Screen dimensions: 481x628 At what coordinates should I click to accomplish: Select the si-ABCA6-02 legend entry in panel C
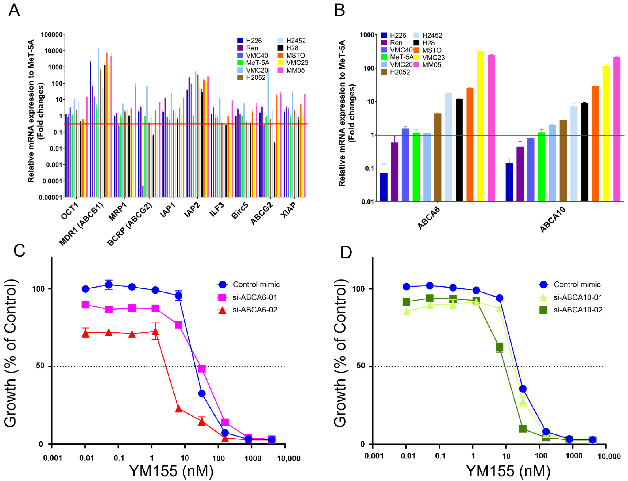[x=254, y=310]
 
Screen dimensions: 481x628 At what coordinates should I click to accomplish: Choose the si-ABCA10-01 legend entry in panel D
[x=577, y=297]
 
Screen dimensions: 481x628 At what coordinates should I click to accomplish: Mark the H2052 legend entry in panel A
[x=255, y=78]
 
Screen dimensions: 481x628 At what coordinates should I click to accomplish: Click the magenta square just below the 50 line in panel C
[x=202, y=369]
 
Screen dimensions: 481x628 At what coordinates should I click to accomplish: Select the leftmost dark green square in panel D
[x=406, y=302]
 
